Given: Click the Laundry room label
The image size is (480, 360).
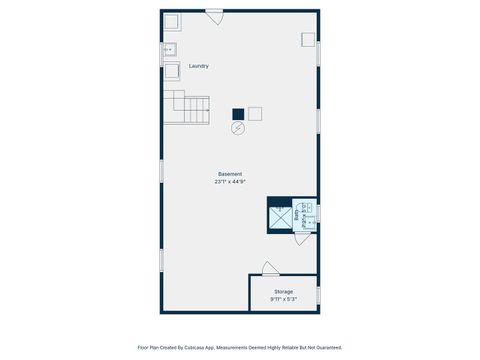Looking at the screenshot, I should pyautogui.click(x=199, y=66).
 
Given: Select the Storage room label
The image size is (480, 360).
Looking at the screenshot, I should pyautogui.click(x=284, y=292).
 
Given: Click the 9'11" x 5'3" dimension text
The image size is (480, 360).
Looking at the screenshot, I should pyautogui.click(x=284, y=299).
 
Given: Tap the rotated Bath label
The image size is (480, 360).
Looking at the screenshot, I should pyautogui.click(x=297, y=214).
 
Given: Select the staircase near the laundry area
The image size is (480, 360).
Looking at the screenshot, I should pyautogui.click(x=191, y=107).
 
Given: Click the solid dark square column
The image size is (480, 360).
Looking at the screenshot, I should pyautogui.click(x=238, y=114).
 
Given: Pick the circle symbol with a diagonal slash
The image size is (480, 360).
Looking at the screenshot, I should pyautogui.click(x=238, y=128).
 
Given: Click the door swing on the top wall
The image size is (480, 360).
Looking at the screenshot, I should pyautogui.click(x=214, y=17).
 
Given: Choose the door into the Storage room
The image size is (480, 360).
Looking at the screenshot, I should pyautogui.click(x=270, y=269).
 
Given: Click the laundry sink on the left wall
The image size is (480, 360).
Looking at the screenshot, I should pyautogui.click(x=170, y=48).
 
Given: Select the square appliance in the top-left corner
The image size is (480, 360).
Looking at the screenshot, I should pyautogui.click(x=172, y=22).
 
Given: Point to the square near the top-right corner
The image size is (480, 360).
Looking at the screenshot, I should pyautogui.click(x=308, y=39).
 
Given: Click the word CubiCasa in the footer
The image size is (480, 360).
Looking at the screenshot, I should pyautogui.click(x=212, y=347).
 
